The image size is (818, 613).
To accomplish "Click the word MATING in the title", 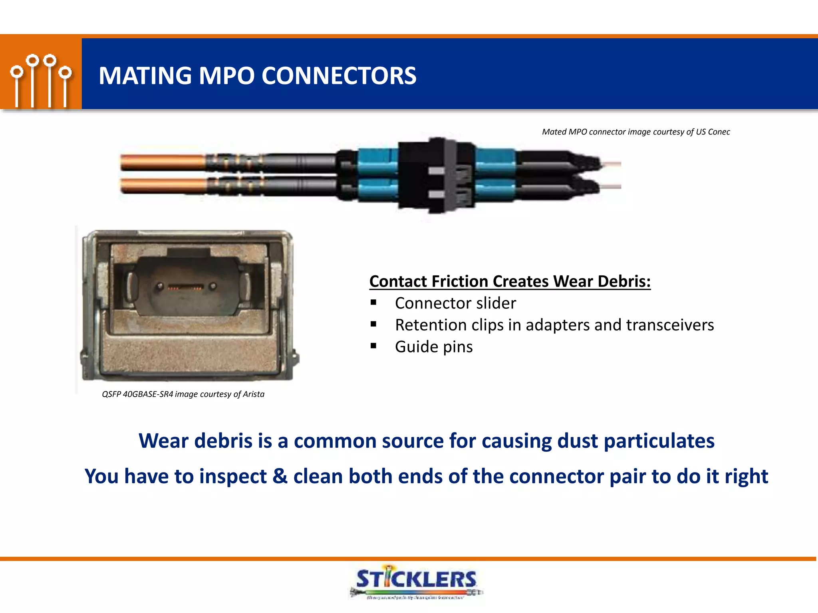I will tap(145, 75).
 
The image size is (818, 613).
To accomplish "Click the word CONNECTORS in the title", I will tap(339, 75).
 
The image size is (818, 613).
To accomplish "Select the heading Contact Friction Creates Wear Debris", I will tap(510, 281).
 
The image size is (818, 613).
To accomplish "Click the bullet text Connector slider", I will tap(455, 303).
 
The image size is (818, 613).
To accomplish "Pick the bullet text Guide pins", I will tap(434, 347).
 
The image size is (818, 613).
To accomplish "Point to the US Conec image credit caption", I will tap(635, 132).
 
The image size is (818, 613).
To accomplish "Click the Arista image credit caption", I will tap(183, 394).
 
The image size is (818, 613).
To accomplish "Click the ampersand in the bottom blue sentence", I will tap(280, 476).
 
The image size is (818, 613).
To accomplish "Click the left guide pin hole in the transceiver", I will tap(160, 286).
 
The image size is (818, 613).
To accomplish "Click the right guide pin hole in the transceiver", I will tap(213, 286).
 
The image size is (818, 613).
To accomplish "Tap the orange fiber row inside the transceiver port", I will tap(186, 287).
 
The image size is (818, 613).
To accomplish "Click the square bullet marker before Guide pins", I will tap(373, 346).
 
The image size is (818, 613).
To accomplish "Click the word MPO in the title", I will tap(226, 75).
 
